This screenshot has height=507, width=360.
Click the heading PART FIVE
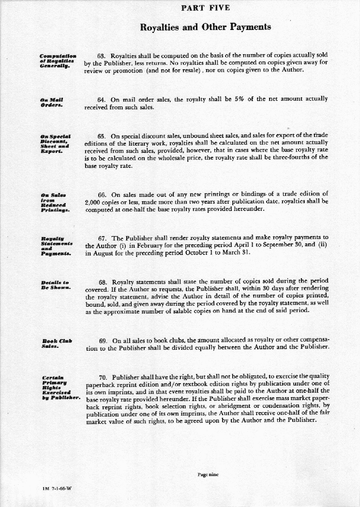click(x=205, y=8)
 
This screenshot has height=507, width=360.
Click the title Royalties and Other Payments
click(x=205, y=27)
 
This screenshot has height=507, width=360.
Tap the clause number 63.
click(x=102, y=55)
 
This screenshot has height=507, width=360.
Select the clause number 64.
click(x=102, y=100)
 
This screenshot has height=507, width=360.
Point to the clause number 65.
click(x=102, y=136)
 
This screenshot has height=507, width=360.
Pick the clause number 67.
click(x=102, y=238)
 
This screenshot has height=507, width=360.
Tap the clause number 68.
click(x=102, y=282)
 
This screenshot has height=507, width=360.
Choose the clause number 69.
click(x=103, y=341)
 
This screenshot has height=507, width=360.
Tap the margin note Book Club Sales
click(x=57, y=343)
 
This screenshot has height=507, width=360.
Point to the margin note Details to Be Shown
click(x=56, y=284)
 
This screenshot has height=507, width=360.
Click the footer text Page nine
click(x=208, y=475)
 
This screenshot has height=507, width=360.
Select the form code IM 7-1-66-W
click(x=57, y=488)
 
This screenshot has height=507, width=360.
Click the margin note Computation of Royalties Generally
click(x=58, y=61)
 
